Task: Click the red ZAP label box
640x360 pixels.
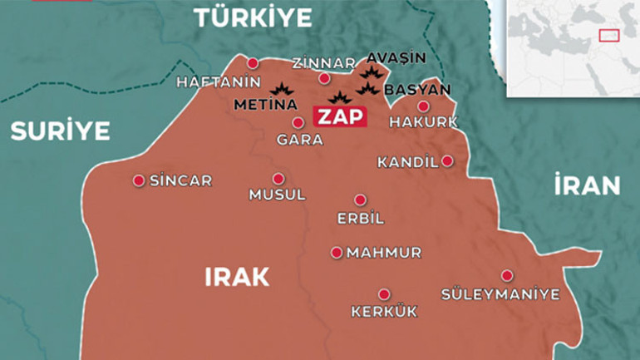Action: click(339, 116)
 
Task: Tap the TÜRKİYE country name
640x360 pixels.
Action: click(252, 17)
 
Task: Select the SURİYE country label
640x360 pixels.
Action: click(59, 131)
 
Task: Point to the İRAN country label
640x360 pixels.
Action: click(587, 185)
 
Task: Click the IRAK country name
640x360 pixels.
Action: click(237, 277)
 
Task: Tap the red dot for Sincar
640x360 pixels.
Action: click(139, 180)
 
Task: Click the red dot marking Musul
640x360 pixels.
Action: click(278, 178)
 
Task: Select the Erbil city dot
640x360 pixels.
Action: click(360, 200)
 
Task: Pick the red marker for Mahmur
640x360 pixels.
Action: click(337, 252)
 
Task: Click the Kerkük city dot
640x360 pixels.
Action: click(383, 293)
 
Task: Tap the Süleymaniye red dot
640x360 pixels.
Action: click(506, 275)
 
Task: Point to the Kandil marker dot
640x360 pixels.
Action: click(447, 160)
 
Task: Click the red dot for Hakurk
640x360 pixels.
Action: click(423, 106)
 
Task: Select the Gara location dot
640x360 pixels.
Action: click(298, 122)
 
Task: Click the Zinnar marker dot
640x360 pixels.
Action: click(324, 78)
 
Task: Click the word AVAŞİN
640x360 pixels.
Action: click(396, 58)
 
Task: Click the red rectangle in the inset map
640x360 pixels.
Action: click(609, 36)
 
